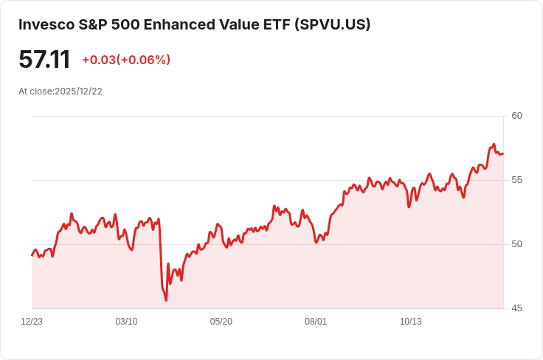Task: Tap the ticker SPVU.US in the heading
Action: (x=332, y=25)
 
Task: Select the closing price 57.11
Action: (x=44, y=60)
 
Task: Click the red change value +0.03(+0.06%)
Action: (x=126, y=60)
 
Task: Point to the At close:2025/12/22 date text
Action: (x=60, y=91)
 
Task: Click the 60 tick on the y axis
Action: (x=516, y=116)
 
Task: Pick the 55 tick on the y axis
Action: (x=516, y=180)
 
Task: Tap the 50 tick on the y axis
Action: (x=516, y=244)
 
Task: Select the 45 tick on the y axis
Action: (x=516, y=308)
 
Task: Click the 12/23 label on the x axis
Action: (x=32, y=322)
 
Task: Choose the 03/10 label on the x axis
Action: (x=126, y=322)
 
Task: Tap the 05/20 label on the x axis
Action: (x=221, y=322)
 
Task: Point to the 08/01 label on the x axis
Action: (x=316, y=322)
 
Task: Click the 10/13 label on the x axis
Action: (x=410, y=322)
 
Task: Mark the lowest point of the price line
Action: (x=166, y=300)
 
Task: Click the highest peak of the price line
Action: (x=494, y=145)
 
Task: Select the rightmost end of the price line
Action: (x=503, y=153)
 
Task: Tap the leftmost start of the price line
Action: (x=32, y=255)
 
